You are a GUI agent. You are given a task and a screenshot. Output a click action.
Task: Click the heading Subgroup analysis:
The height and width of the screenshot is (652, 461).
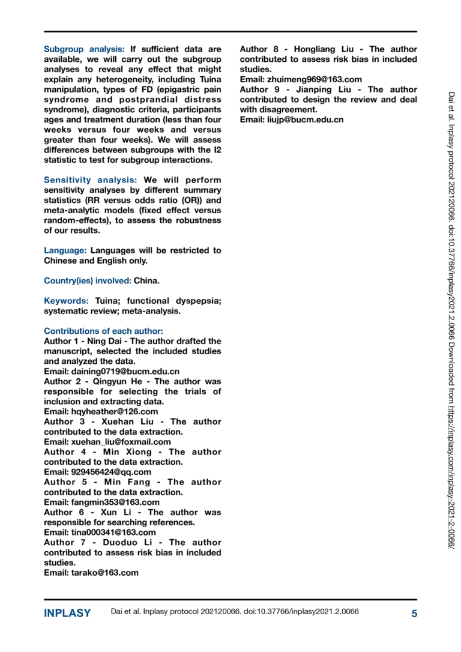click(x=85, y=49)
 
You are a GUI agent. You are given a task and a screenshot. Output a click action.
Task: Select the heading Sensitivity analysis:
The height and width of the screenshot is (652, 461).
click(x=91, y=180)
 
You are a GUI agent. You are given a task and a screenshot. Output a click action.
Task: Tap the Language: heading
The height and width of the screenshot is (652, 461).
click(x=65, y=250)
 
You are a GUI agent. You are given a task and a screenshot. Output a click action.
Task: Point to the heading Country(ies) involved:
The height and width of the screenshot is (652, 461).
click(x=88, y=280)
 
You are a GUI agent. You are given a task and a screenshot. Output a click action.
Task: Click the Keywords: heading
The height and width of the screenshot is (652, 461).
click(x=67, y=301)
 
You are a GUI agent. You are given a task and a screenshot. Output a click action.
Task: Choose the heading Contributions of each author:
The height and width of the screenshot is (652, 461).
click(x=103, y=331)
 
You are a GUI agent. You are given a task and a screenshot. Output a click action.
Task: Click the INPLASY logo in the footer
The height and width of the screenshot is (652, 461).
click(x=67, y=614)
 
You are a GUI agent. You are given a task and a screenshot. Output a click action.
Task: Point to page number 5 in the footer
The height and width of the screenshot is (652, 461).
click(x=414, y=614)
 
